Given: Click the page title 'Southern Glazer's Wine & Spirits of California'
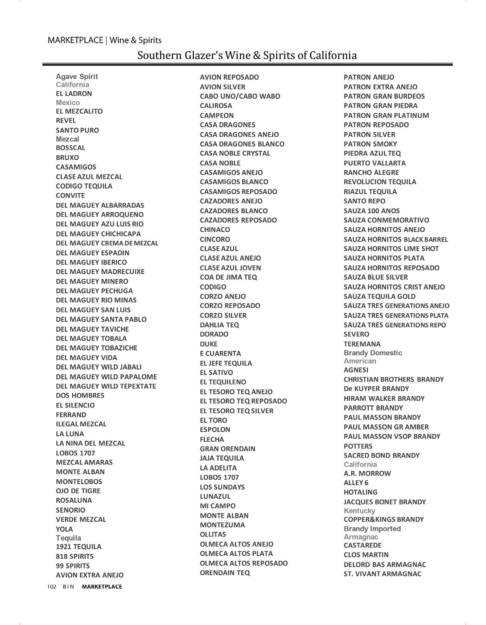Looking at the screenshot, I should click(247, 56).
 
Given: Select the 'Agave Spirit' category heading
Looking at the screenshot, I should click(77, 76).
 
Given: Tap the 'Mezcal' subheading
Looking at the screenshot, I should click(67, 139).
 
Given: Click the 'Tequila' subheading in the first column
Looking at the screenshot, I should click(69, 538).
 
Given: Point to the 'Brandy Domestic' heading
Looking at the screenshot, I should click(373, 353).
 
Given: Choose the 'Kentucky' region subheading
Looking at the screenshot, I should click(359, 511).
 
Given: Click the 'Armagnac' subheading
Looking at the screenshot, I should click(361, 537).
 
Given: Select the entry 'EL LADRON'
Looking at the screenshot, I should click(74, 94).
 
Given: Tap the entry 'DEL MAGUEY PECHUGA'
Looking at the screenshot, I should click(94, 291).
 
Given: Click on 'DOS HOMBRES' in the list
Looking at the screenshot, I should click(80, 396).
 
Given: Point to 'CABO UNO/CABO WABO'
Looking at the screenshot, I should click(240, 96).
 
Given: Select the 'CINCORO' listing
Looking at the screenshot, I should click(215, 239).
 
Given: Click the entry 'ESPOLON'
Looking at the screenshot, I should click(215, 429).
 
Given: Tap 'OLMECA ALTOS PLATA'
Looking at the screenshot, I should click(236, 553).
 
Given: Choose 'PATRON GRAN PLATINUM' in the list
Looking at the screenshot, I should click(386, 115).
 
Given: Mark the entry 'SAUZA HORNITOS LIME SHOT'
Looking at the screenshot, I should click(391, 249).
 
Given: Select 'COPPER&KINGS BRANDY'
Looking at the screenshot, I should click(384, 519).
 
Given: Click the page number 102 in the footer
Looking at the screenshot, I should click(52, 587).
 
